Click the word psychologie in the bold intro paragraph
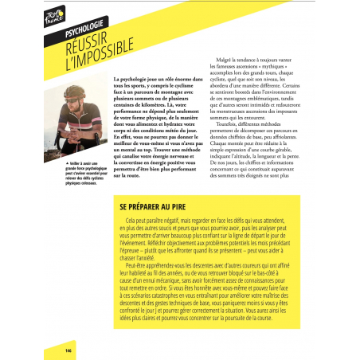(x=135, y=80)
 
